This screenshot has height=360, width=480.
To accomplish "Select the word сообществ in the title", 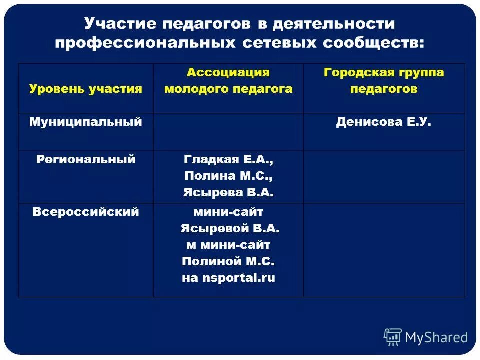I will pyautogui.click(x=373, y=43).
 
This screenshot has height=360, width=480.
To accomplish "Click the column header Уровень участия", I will pyautogui.click(x=86, y=89).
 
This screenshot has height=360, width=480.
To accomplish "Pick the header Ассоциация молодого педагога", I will pyautogui.click(x=228, y=81).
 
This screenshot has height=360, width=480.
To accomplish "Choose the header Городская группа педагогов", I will pyautogui.click(x=384, y=81).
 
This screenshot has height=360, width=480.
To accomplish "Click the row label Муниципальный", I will pyautogui.click(x=86, y=122).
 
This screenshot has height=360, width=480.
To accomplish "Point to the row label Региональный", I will pyautogui.click(x=86, y=159).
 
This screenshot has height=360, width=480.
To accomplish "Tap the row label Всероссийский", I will pyautogui.click(x=86, y=212).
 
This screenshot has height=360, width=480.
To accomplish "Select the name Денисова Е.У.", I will pyautogui.click(x=384, y=122).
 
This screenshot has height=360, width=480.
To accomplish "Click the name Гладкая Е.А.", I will pyautogui.click(x=228, y=160).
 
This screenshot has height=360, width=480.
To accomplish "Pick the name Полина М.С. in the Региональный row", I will pyautogui.click(x=228, y=176).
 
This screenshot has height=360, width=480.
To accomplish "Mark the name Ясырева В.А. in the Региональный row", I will pyautogui.click(x=228, y=192).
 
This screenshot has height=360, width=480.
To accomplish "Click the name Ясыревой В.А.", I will pyautogui.click(x=229, y=228).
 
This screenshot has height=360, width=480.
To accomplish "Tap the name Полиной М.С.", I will pyautogui.click(x=228, y=261).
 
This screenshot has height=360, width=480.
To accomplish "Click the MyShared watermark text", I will pyautogui.click(x=436, y=338).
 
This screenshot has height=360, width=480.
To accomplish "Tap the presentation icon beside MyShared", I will pyautogui.click(x=393, y=337).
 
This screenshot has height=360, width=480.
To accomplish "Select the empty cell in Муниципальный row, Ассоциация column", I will pyautogui.click(x=228, y=132).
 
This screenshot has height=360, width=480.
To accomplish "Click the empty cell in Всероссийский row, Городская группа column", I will pyautogui.click(x=384, y=250).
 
